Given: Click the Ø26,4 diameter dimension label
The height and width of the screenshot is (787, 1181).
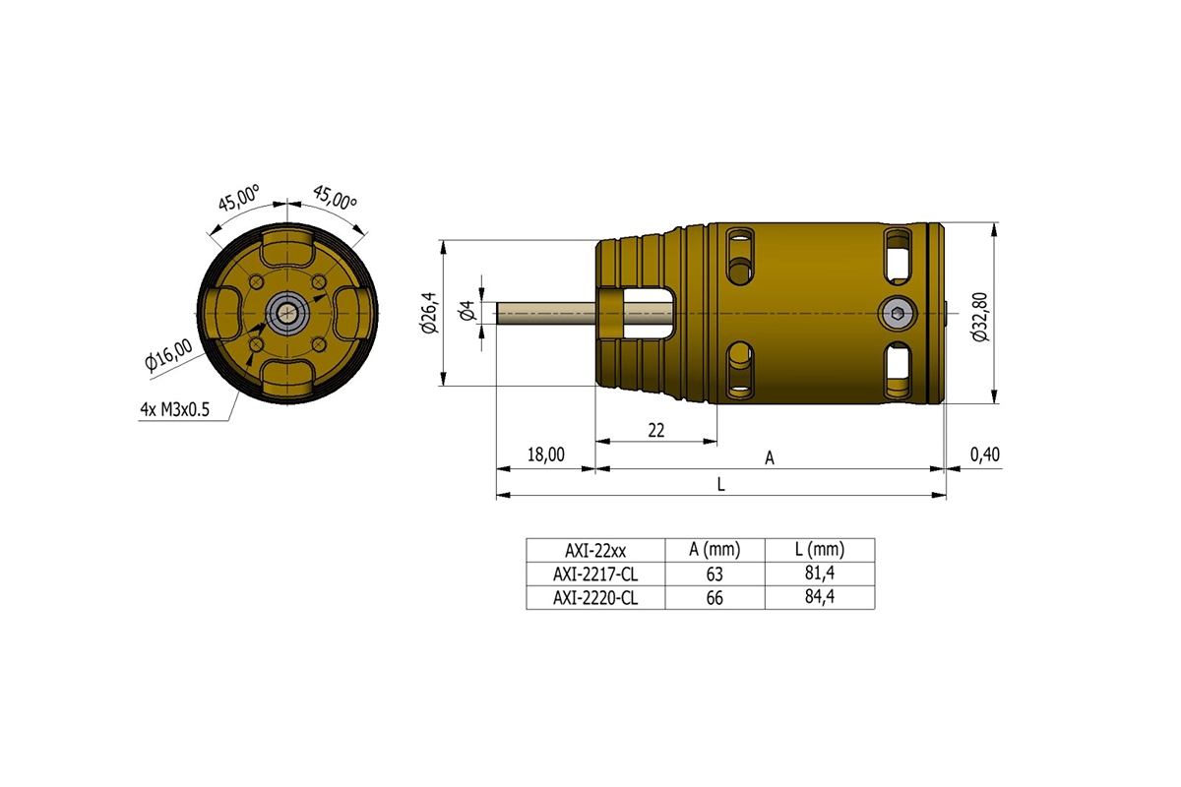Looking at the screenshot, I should (429, 313).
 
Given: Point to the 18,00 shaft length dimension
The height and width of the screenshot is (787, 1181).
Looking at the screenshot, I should (546, 454).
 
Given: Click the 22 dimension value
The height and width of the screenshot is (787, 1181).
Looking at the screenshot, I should (655, 430).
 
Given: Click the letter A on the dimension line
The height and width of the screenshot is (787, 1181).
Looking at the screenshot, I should (771, 457).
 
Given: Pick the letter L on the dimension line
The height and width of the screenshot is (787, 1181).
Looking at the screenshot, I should (721, 485).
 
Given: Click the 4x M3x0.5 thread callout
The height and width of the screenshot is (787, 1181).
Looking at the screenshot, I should (175, 410).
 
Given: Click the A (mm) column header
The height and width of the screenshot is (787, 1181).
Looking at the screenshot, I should (714, 550).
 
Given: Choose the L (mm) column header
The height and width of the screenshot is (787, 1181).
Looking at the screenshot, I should (819, 550).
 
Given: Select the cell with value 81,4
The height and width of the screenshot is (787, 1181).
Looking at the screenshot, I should (819, 574).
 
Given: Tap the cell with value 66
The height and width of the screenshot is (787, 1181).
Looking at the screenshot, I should (714, 597).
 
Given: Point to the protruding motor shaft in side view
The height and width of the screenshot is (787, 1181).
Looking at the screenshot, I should (546, 313).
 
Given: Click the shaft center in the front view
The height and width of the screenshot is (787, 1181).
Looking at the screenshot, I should (286, 313).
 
